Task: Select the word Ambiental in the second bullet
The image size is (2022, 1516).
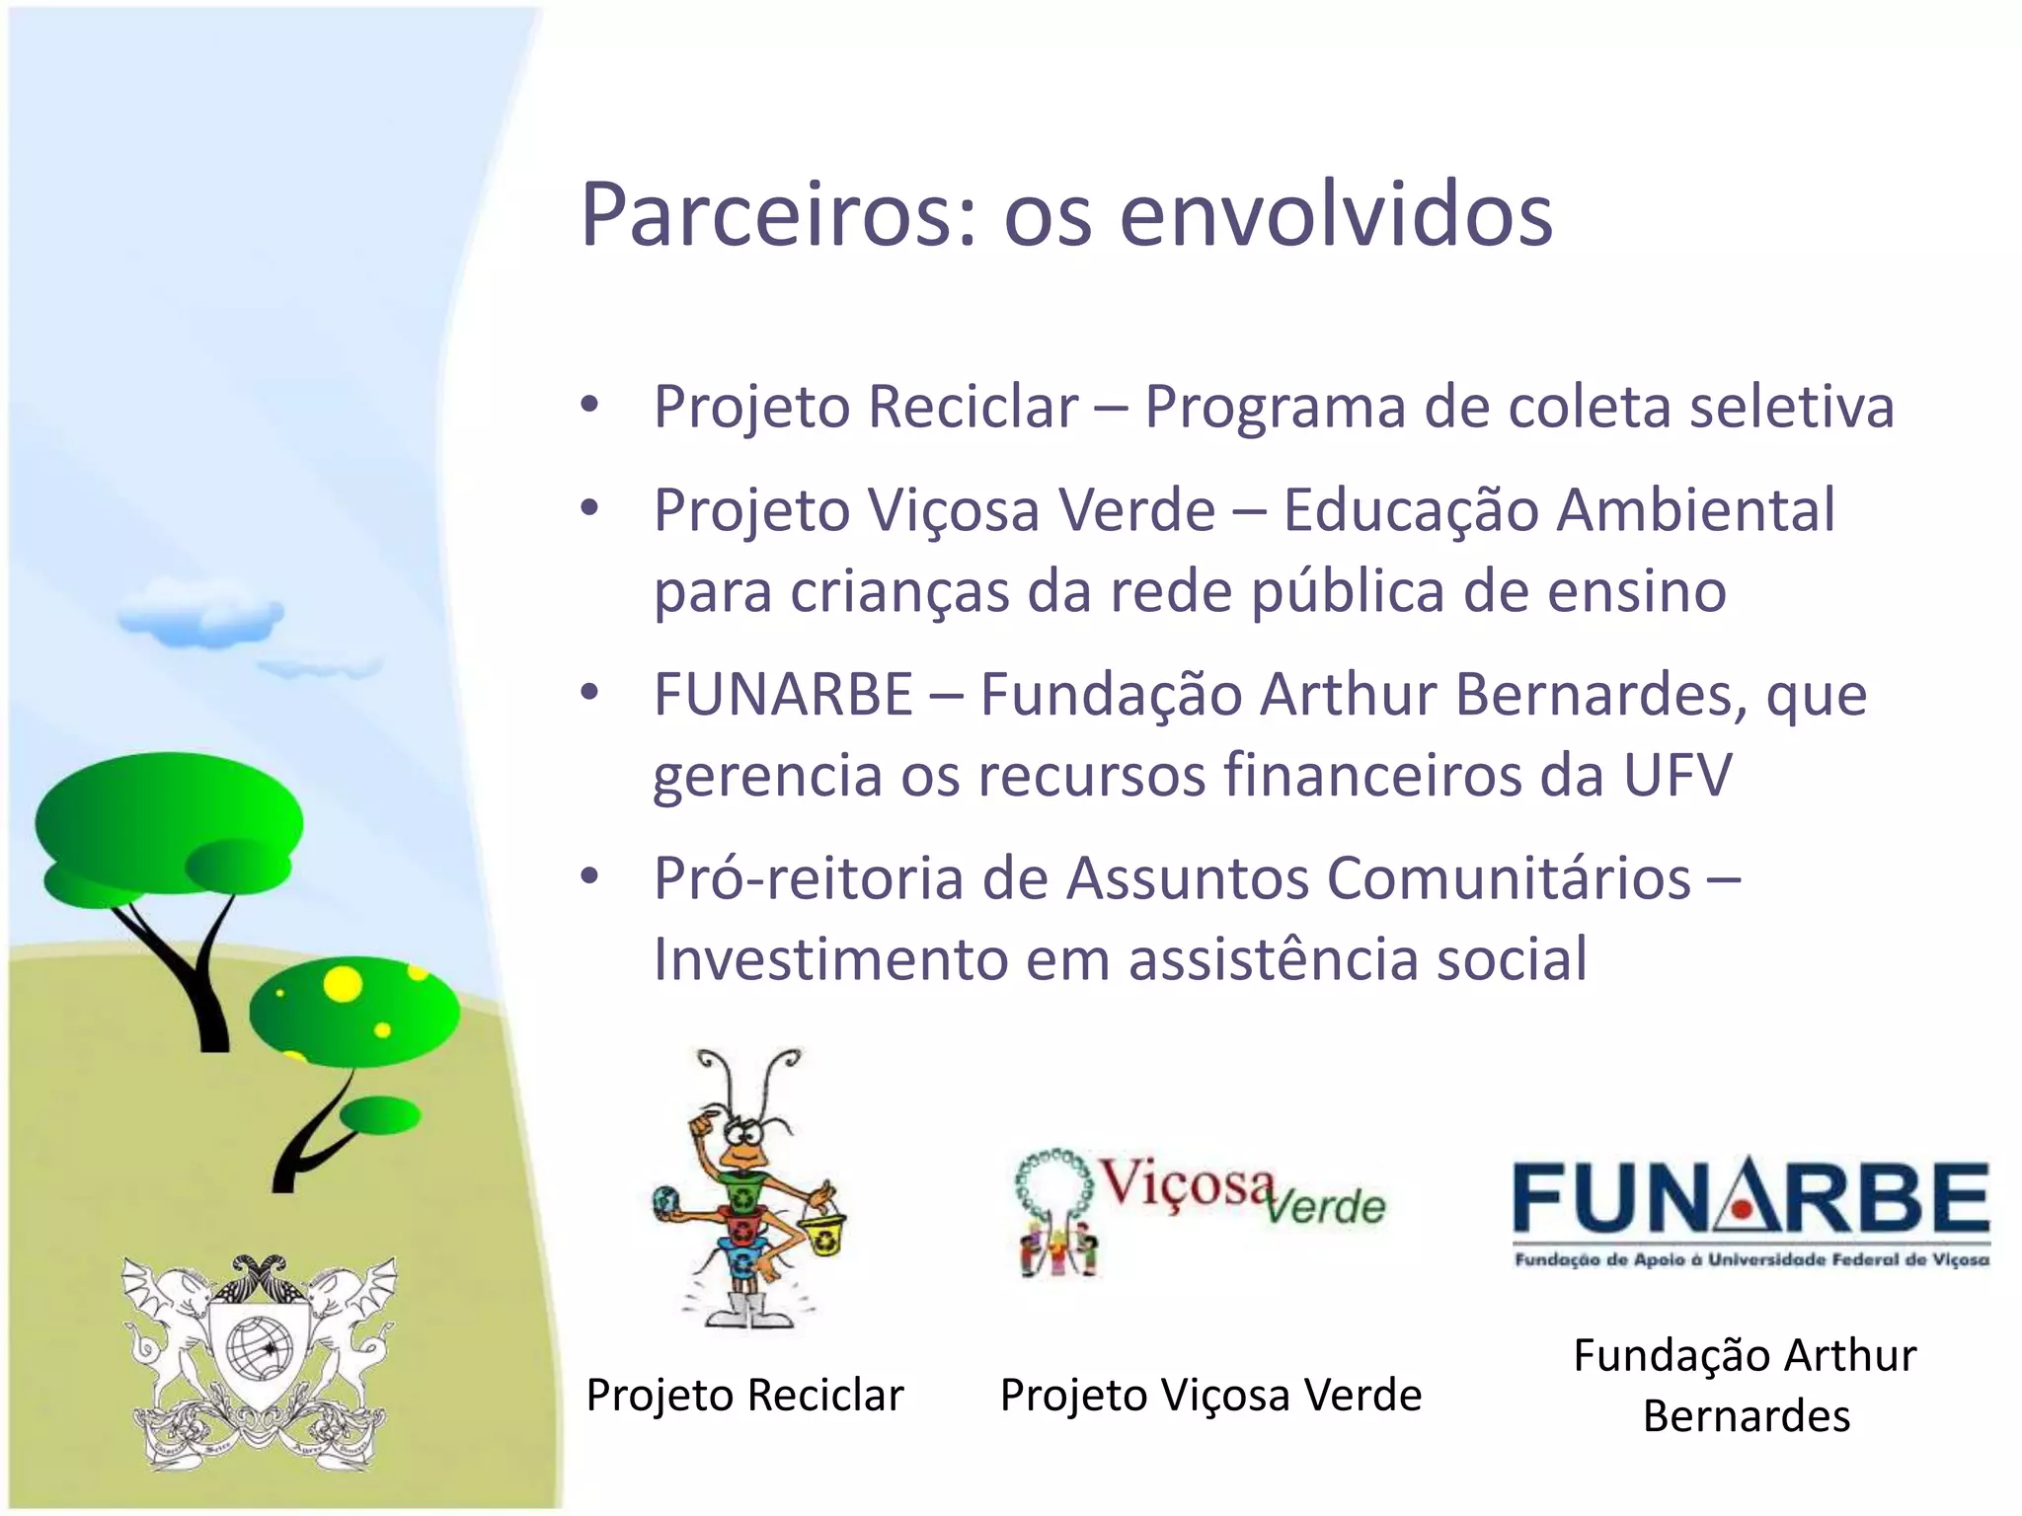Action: pyautogui.click(x=1697, y=511)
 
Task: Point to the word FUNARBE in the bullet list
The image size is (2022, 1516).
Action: pyautogui.click(x=783, y=695)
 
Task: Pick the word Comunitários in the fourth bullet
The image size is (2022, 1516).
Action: pyautogui.click(x=1508, y=878)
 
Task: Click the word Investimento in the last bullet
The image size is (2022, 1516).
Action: pyautogui.click(x=829, y=959)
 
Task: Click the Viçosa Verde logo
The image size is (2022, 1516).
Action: pyautogui.click(x=1201, y=1210)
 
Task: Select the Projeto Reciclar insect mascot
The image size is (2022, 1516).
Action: pyautogui.click(x=747, y=1189)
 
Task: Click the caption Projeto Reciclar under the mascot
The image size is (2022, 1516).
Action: pyautogui.click(x=744, y=1396)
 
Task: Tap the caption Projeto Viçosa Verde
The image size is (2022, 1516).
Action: pyautogui.click(x=1210, y=1396)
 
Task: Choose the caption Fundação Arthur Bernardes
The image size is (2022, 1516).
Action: pyautogui.click(x=1746, y=1385)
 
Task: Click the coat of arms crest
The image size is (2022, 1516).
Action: pyautogui.click(x=260, y=1362)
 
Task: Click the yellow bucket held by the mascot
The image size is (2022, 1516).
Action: pyautogui.click(x=822, y=1235)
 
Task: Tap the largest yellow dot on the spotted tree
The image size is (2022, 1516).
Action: pyautogui.click(x=343, y=983)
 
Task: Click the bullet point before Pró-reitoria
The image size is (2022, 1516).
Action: pyautogui.click(x=590, y=876)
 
